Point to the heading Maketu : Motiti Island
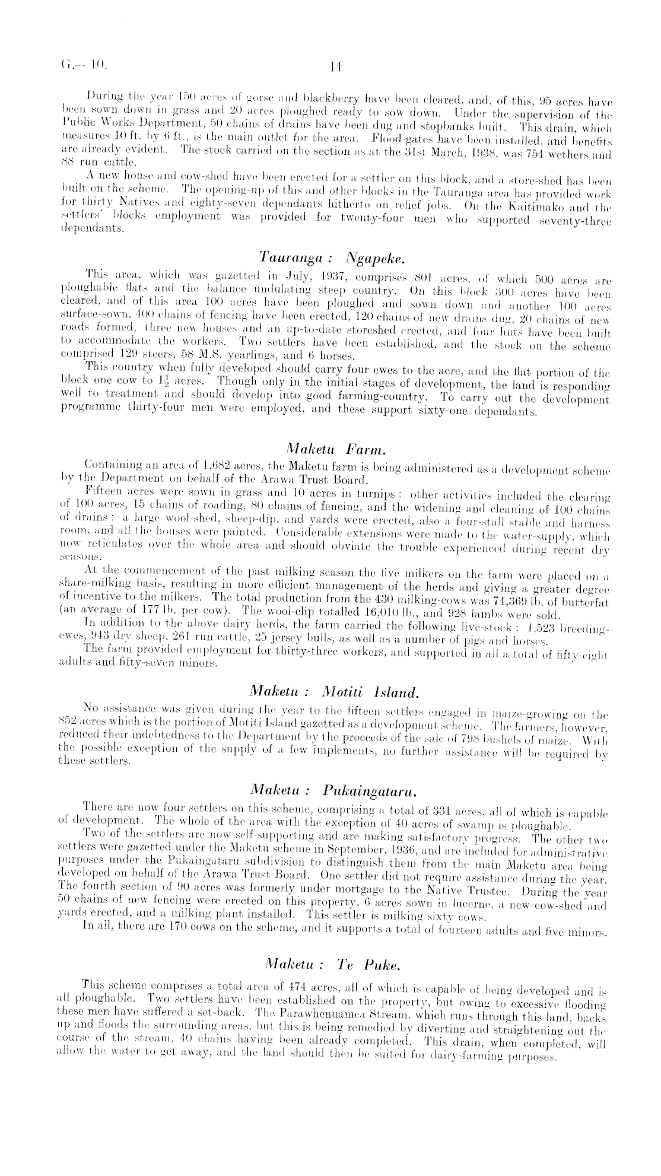click(x=335, y=691)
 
